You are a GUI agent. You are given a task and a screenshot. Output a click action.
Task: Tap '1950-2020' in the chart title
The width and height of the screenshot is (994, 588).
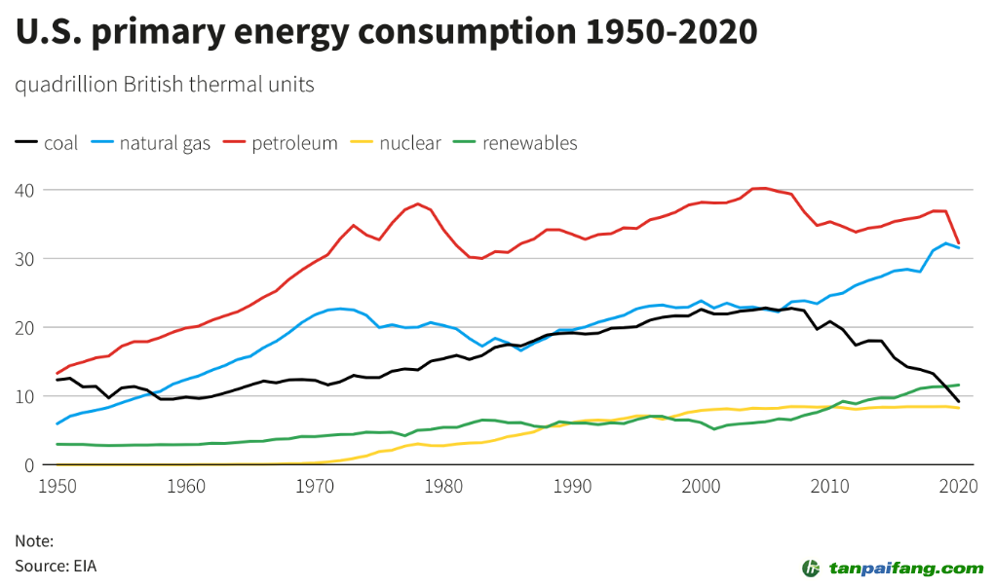[x=671, y=32]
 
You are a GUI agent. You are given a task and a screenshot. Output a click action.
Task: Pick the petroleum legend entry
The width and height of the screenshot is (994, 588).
[x=284, y=144]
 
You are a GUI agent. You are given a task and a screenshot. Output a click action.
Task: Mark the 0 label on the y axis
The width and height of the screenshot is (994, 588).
[x=29, y=465]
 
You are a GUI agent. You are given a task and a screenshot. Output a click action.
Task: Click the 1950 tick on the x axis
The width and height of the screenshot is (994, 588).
[x=57, y=484]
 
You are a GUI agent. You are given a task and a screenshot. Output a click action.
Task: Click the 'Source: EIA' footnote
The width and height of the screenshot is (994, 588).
[x=56, y=566]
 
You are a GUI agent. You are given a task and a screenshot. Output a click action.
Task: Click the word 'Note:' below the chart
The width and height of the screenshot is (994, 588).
[x=34, y=541]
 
